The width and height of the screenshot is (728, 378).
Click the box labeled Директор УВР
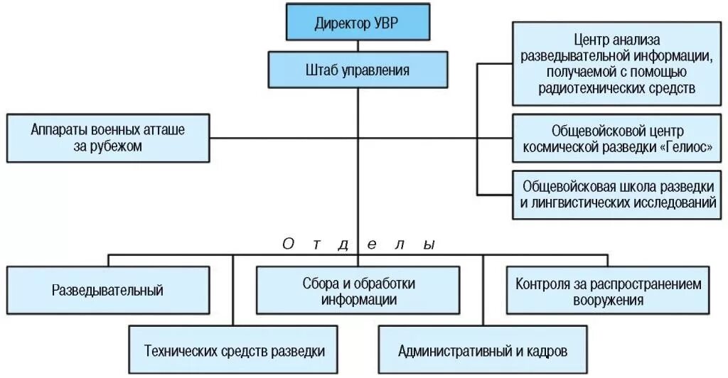point(358,23)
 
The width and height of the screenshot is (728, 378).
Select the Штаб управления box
point(358,70)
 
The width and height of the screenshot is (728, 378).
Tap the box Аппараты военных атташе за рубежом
point(108,138)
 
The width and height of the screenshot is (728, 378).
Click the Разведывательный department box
point(108,290)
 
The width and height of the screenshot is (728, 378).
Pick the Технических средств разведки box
point(235,350)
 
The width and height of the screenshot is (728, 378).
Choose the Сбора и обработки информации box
point(358,290)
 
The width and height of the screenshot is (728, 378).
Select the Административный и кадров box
point(483,350)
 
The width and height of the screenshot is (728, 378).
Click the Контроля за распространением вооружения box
point(608,291)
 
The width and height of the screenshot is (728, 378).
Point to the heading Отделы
point(358,244)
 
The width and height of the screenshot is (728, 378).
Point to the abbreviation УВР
point(387,23)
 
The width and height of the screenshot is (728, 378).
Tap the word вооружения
point(608,299)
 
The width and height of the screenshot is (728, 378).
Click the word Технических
point(179,350)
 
